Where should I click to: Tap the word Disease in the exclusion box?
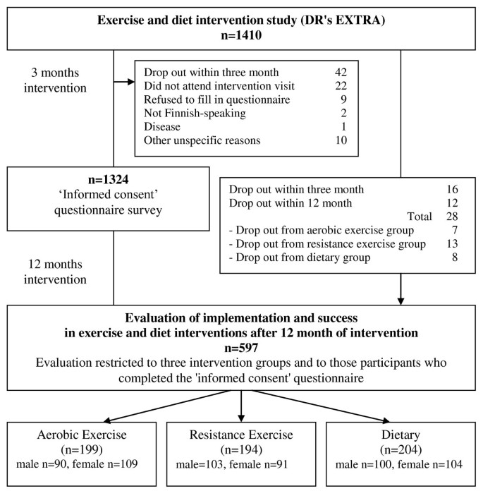coord(161,126)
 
